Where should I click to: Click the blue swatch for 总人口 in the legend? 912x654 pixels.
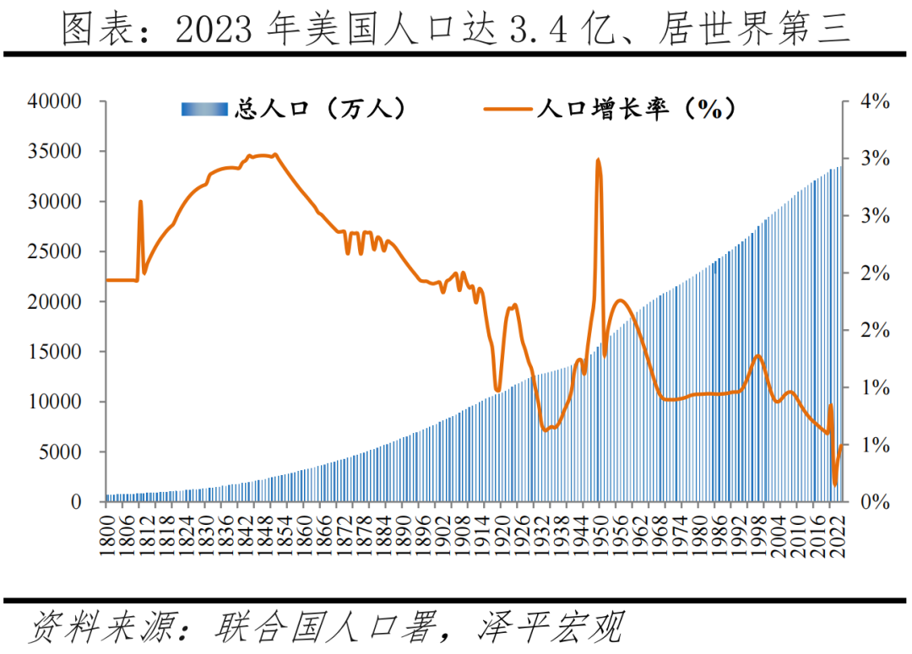click(x=204, y=109)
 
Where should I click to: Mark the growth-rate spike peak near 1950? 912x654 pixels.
click(x=598, y=159)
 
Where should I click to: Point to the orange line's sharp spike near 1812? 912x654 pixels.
click(x=140, y=202)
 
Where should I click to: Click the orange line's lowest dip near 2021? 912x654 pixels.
click(x=835, y=484)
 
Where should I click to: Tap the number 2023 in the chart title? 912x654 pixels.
click(x=214, y=30)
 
